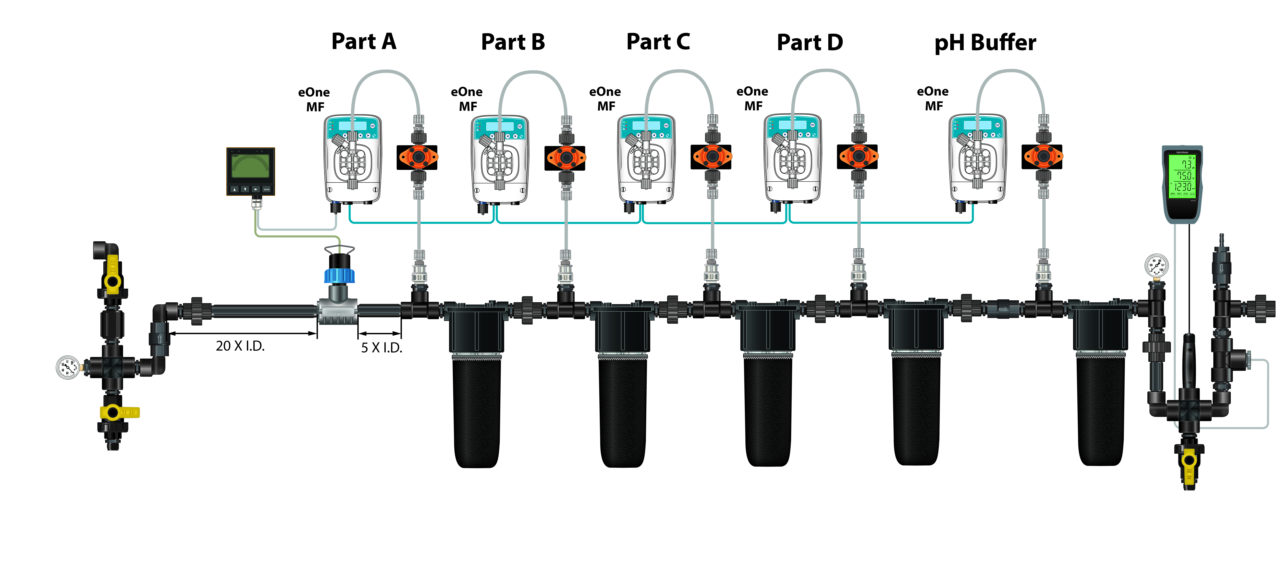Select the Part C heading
(658, 42)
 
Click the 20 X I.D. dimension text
(240, 346)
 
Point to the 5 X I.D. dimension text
(381, 348)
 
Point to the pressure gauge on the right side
(1156, 266)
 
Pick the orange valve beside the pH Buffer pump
(1042, 157)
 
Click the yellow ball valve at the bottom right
(1189, 462)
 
